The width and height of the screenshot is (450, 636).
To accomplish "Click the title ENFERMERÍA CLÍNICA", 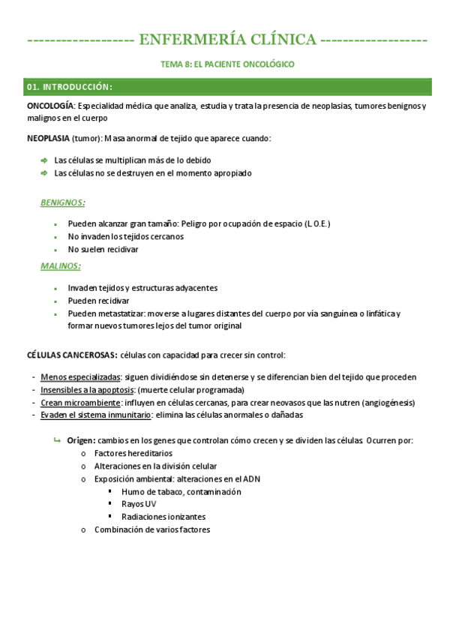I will tap(227, 40).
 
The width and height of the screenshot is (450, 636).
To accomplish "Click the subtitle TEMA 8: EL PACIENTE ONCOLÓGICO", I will tap(228, 64).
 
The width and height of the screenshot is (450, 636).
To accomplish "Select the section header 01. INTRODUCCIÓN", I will tap(70, 87).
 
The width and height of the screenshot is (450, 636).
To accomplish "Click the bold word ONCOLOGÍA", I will tap(49, 106).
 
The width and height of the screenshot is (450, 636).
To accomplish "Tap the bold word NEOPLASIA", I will tap(49, 139).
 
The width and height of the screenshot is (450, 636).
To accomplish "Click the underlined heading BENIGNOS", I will tap(62, 202).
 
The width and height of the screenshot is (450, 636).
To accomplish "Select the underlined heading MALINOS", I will tap(61, 266).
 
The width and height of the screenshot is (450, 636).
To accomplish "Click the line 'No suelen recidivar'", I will tap(103, 249).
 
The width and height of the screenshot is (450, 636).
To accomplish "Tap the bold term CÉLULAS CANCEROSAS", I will tap(72, 355).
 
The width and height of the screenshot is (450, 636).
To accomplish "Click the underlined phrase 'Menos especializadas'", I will tap(80, 376).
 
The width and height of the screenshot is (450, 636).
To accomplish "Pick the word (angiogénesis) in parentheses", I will tap(388, 403).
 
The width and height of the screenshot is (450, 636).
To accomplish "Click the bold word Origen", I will tap(80, 440).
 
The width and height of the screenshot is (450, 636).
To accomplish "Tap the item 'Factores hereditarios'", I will tap(133, 453).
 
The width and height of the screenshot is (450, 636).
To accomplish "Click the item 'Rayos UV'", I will tap(139, 504).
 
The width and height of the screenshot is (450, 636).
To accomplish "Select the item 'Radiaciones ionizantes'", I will tap(163, 517).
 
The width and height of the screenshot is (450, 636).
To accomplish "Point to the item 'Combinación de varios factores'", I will tap(152, 529).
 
